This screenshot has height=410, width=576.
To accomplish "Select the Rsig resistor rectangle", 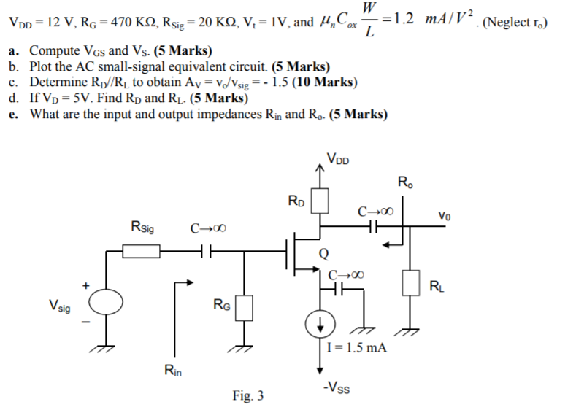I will [142, 252].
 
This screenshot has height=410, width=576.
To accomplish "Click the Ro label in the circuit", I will [404, 181].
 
